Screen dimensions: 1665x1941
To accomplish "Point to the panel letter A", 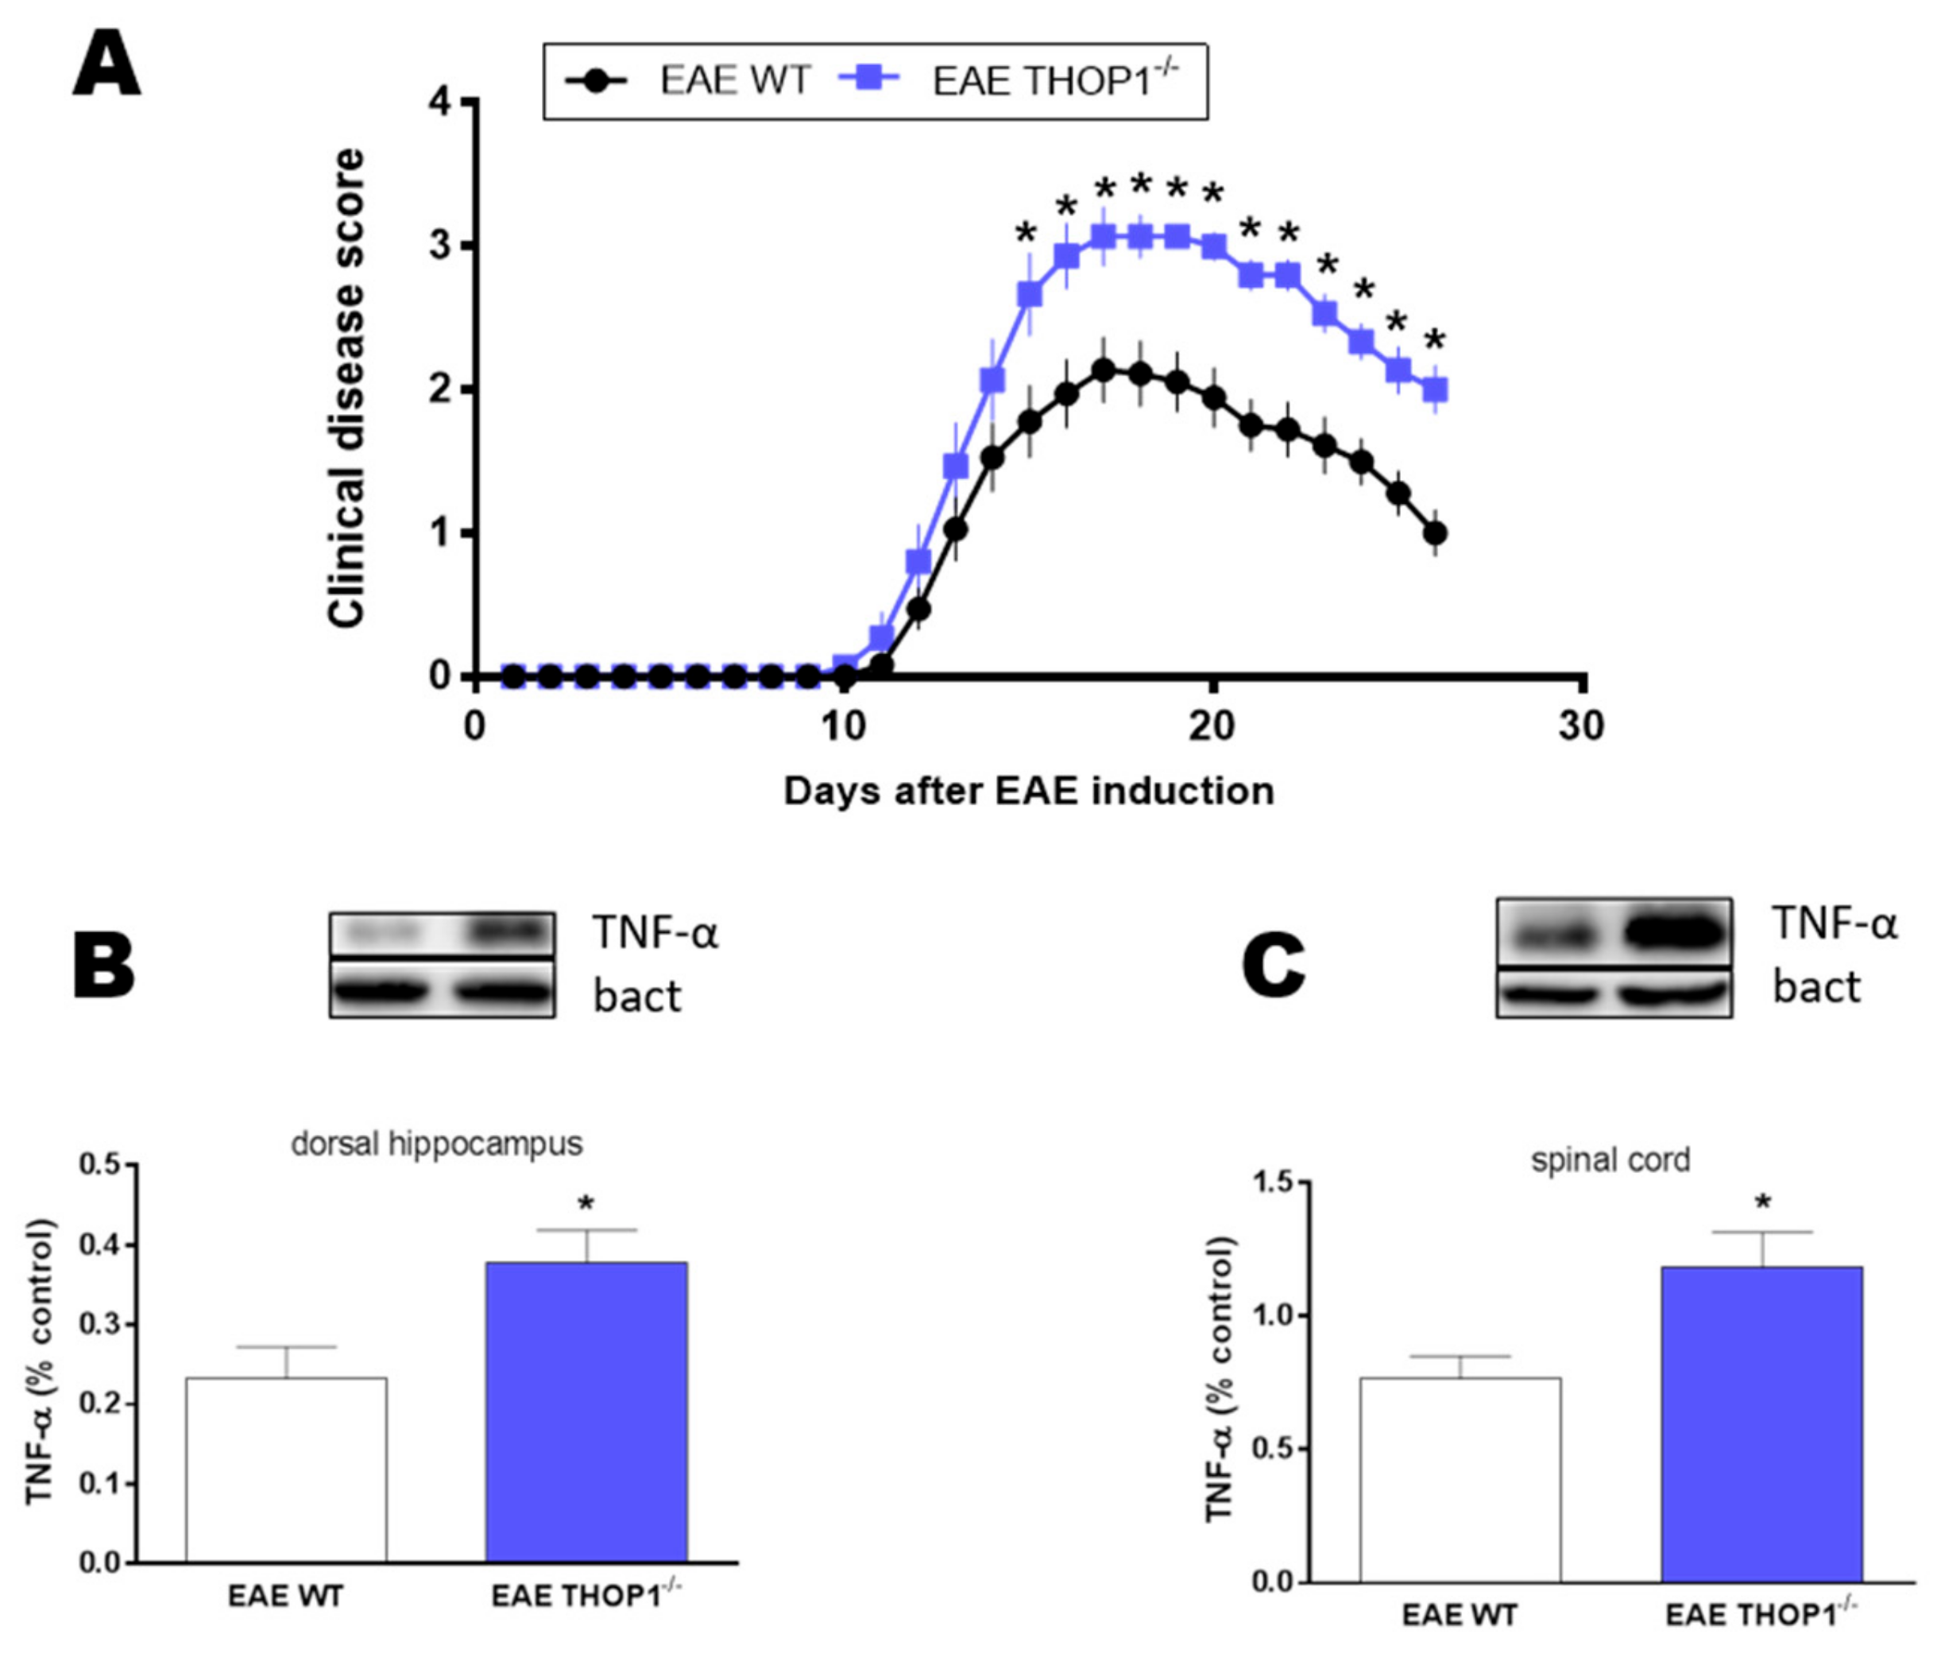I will (x=106, y=64).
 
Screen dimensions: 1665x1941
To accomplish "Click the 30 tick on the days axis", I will (x=1581, y=727).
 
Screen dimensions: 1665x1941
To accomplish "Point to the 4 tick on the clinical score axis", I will (x=439, y=101).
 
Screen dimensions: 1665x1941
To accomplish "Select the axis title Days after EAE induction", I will (x=1029, y=792).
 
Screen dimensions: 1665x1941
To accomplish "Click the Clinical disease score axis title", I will (x=346, y=387).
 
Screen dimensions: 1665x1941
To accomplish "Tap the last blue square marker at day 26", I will (x=1435, y=389).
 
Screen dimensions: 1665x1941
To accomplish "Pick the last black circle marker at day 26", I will (x=1435, y=533).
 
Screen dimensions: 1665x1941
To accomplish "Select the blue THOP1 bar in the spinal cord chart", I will (x=1762, y=1423).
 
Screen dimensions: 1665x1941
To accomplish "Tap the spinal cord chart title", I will (x=1610, y=1161).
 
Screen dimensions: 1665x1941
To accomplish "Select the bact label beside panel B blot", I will (x=637, y=996).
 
